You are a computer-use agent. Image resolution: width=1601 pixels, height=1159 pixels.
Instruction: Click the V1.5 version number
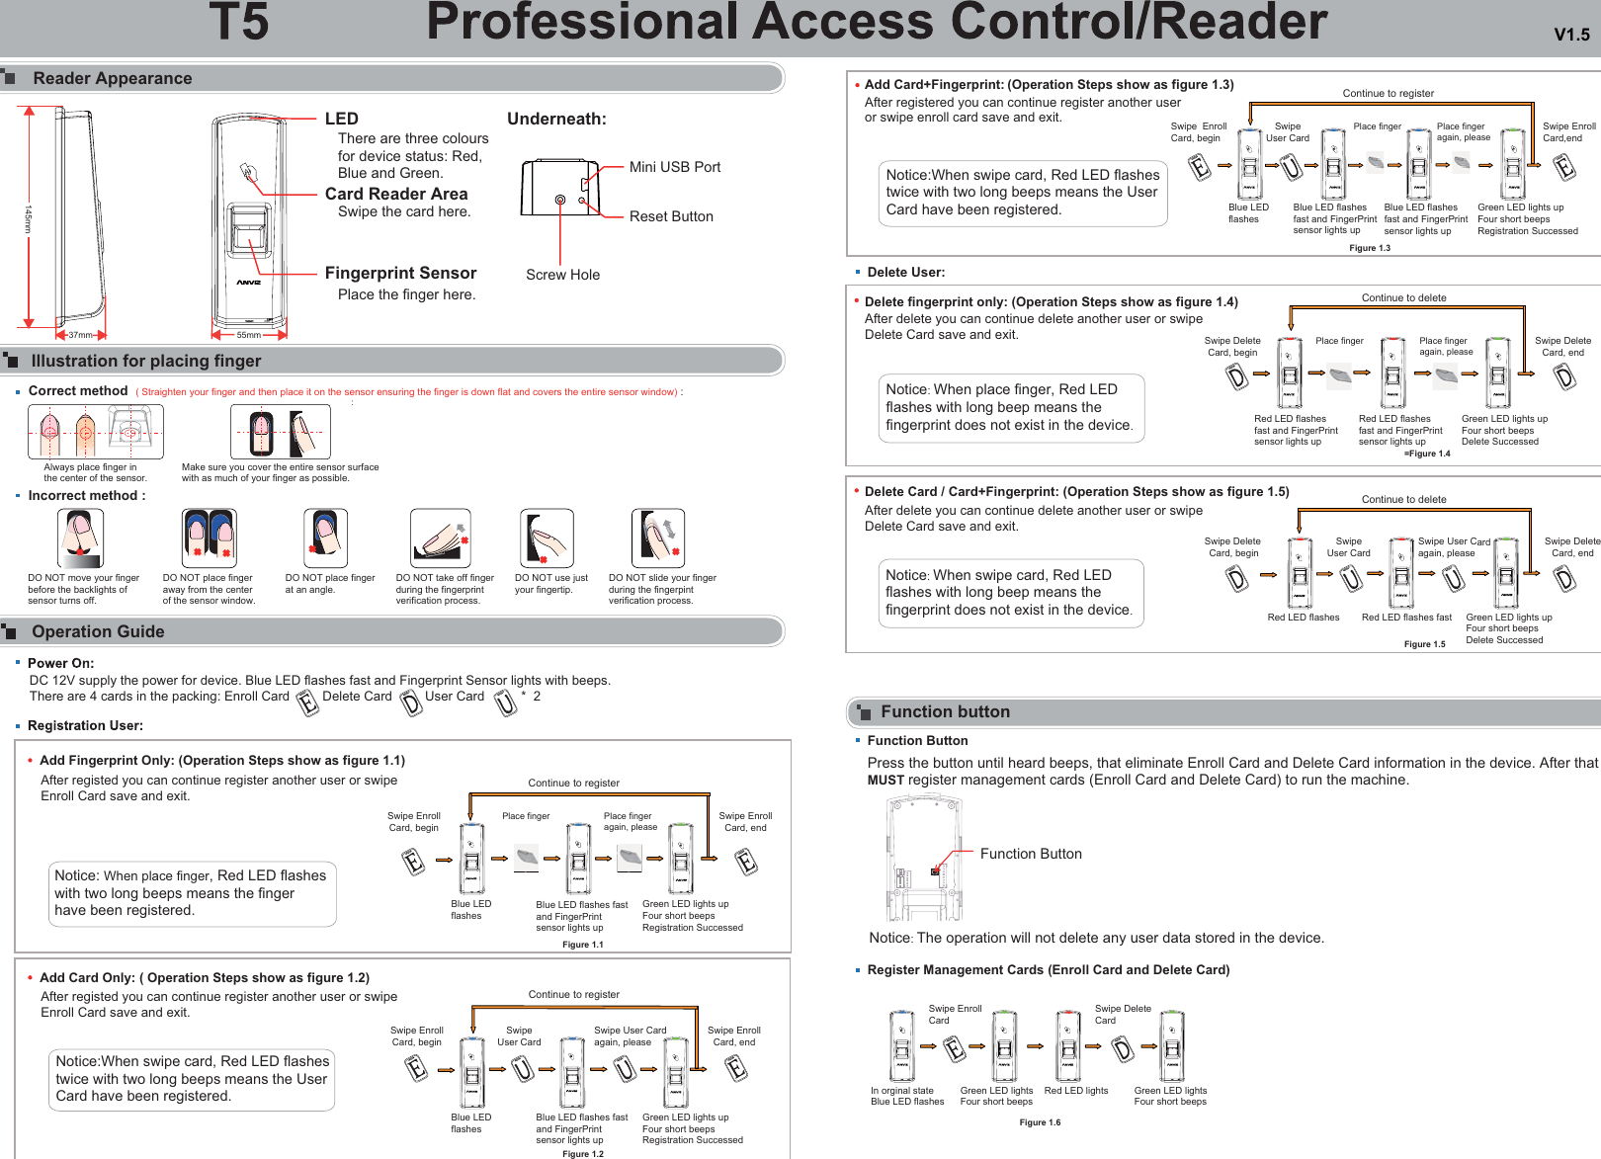click(1571, 35)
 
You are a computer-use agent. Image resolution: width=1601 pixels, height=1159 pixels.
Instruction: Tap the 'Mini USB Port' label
click(674, 167)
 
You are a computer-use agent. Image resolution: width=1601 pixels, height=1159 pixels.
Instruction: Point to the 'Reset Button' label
click(670, 216)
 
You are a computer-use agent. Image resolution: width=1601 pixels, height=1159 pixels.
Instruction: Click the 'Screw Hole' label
click(562, 275)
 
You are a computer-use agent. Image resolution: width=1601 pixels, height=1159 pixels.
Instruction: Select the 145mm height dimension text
click(29, 219)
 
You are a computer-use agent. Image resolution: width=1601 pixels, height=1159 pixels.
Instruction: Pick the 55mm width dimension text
click(248, 335)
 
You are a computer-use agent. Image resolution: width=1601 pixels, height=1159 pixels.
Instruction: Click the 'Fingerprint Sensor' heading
click(400, 273)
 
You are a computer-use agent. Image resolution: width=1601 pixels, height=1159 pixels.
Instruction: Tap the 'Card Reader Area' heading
click(396, 194)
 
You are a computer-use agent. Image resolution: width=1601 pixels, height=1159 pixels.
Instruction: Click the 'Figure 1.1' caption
click(582, 945)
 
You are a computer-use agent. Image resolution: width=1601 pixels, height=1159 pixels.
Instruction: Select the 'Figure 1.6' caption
click(1040, 1122)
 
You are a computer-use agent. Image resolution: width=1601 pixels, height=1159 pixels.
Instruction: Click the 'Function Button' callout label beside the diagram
click(1030, 854)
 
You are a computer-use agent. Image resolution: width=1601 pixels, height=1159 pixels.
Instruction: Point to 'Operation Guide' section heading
click(98, 631)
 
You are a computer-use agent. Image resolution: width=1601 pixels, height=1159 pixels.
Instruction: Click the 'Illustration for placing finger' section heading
click(146, 361)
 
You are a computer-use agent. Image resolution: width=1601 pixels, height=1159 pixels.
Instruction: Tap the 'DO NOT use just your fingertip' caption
click(550, 584)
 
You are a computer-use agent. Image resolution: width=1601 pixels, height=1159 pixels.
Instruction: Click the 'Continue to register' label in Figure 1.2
click(573, 994)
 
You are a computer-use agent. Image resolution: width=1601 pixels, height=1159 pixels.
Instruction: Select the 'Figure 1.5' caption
click(1424, 644)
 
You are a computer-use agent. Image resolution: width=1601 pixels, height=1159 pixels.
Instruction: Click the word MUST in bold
click(885, 780)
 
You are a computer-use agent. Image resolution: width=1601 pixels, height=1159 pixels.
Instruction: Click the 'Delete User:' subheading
click(905, 272)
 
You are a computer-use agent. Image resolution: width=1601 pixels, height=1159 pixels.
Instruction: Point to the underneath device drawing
click(559, 188)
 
